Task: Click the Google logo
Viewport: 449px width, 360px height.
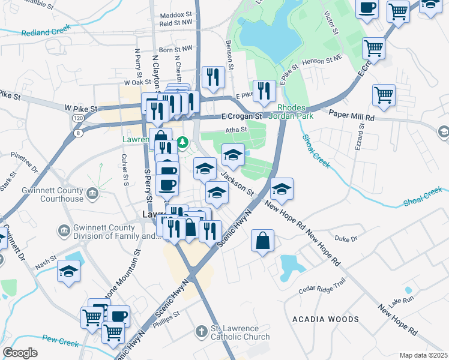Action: pyautogui.click(x=20, y=353)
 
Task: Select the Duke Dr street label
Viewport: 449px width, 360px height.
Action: pyautogui.click(x=346, y=239)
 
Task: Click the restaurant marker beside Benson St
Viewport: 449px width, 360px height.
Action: pyautogui.click(x=213, y=76)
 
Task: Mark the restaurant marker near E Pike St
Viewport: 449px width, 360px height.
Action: pyautogui.click(x=264, y=91)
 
